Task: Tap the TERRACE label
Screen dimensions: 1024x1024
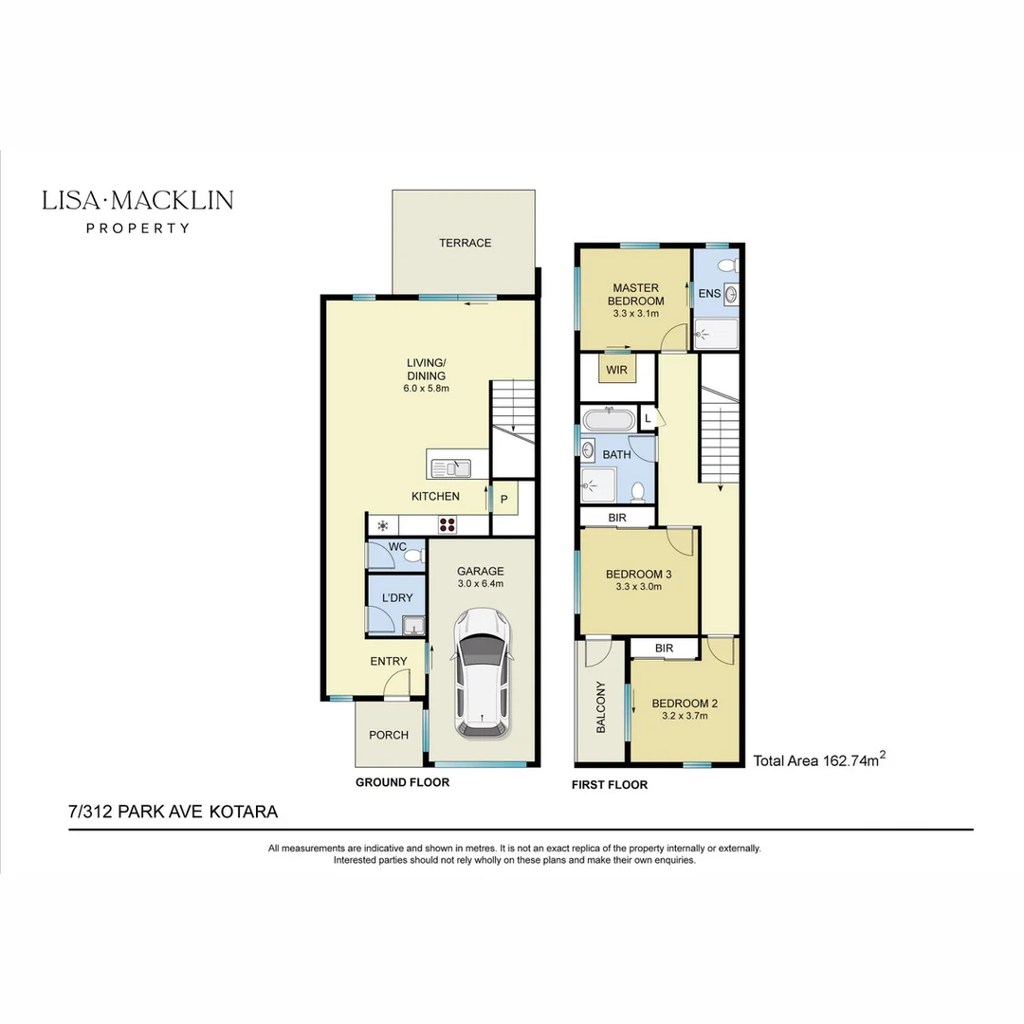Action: (x=465, y=243)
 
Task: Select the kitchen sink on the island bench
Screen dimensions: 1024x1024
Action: (x=450, y=467)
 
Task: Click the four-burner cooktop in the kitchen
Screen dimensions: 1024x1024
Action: (x=447, y=524)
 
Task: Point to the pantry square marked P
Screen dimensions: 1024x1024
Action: (x=504, y=499)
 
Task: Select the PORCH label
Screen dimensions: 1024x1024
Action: (x=389, y=735)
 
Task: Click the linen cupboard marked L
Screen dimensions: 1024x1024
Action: (x=648, y=417)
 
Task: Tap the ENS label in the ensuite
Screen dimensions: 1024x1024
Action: (x=709, y=294)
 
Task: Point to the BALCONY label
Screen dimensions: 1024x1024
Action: (x=600, y=706)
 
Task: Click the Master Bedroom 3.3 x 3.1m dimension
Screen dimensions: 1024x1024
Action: (x=637, y=313)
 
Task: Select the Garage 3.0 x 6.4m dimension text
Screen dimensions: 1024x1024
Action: (x=480, y=584)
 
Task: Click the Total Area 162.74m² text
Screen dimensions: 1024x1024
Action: (x=819, y=759)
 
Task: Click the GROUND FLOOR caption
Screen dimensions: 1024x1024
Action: (x=402, y=783)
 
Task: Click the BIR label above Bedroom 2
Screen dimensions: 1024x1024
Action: (x=665, y=649)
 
